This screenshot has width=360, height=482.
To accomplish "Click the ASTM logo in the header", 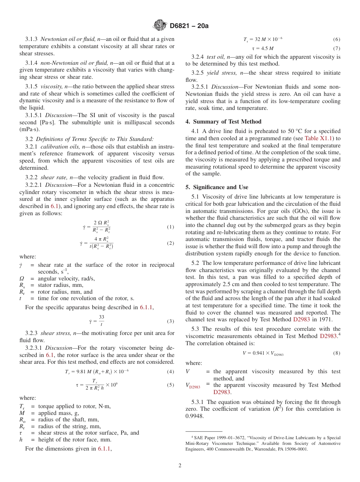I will (x=159, y=26).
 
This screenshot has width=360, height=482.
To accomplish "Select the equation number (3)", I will (x=171, y=321).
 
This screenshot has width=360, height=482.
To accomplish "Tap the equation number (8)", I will (x=337, y=353).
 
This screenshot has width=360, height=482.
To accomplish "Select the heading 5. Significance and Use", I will (x=217, y=187).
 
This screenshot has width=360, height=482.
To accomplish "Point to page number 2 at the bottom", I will (x=180, y=466).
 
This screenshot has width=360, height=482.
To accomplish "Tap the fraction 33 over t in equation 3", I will (x=101, y=321).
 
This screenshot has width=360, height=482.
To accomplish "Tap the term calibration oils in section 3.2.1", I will (x=57, y=146).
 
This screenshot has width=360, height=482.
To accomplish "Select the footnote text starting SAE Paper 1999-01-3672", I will (x=263, y=443).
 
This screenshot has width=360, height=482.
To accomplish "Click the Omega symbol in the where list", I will (x=22, y=279).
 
